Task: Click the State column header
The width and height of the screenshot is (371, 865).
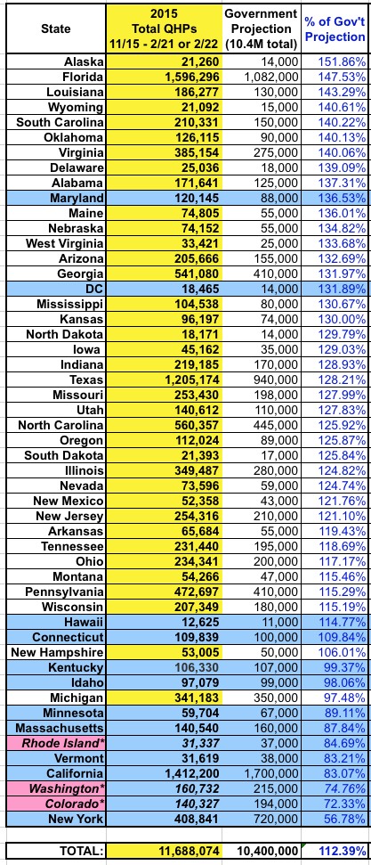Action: [56, 29]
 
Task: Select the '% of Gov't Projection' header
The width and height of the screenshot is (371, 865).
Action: [335, 29]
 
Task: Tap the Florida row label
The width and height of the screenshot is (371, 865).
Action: [83, 76]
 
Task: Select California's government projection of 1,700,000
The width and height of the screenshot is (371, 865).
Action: [271, 773]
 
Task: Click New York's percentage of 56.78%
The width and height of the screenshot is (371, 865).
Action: [344, 818]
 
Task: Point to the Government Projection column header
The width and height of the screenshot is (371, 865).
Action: [262, 29]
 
